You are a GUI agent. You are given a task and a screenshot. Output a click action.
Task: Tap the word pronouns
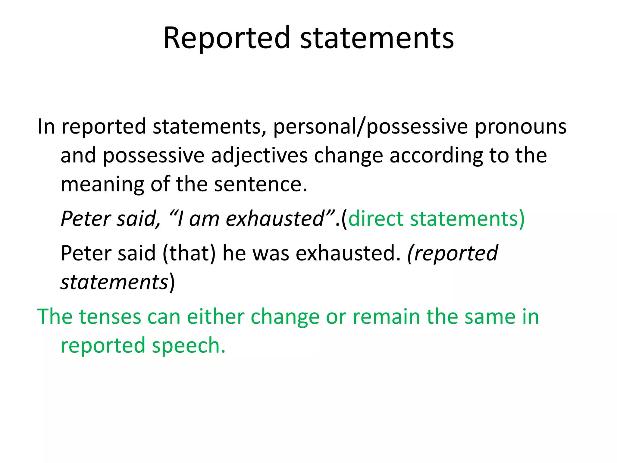pyautogui.click(x=521, y=127)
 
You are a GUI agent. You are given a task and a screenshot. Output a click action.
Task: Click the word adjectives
pyautogui.click(x=259, y=156)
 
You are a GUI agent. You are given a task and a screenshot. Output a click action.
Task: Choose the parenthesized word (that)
pyautogui.click(x=189, y=253)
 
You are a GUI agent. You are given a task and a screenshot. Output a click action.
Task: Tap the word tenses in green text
pyautogui.click(x=110, y=317)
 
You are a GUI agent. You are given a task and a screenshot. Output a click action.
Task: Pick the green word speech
pyautogui.click(x=189, y=345)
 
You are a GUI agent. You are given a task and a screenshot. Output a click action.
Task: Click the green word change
pyautogui.click(x=285, y=317)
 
